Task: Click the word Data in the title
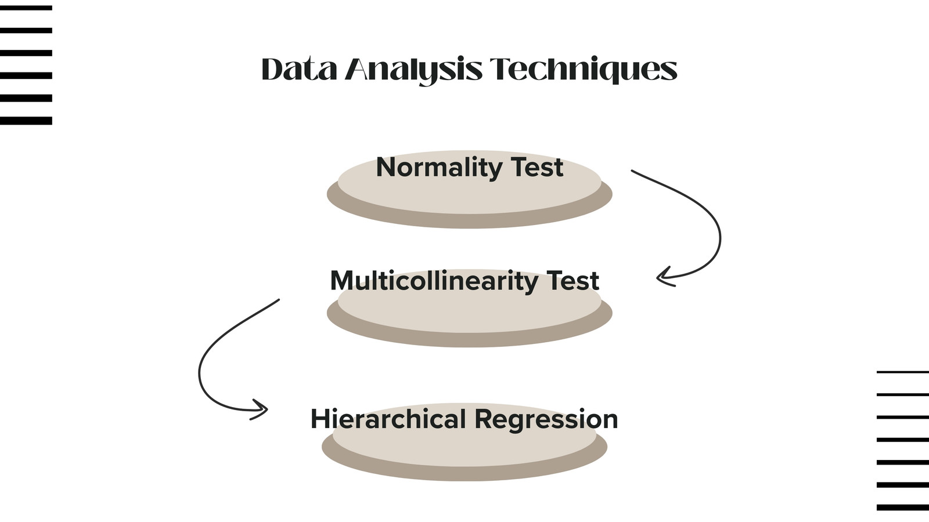pos(299,69)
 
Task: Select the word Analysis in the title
pos(414,70)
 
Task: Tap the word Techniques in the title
pos(584,70)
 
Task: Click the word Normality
pos(439,168)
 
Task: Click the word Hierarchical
pos(388,419)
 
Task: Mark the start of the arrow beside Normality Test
pos(632,171)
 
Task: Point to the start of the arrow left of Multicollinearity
pos(279,299)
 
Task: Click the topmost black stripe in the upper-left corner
pos(26,8)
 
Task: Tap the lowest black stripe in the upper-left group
pos(26,121)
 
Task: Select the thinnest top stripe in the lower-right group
pos(903,372)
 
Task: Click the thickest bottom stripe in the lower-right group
pos(903,507)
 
